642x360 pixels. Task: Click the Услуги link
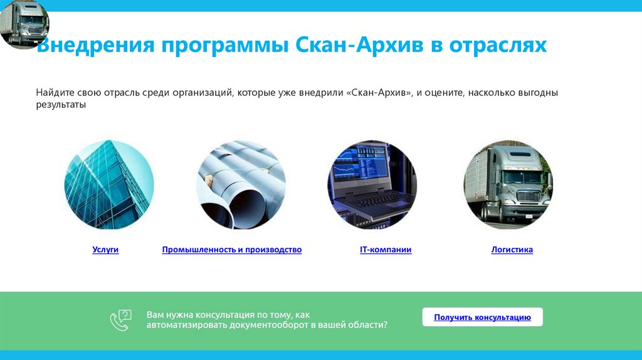105,250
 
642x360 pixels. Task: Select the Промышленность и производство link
231,250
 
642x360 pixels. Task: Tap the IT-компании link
386,250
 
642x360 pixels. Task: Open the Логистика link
512,250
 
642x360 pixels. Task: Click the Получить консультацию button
482,317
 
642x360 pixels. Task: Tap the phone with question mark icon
120,320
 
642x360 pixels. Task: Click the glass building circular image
109,184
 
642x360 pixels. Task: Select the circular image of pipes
241,184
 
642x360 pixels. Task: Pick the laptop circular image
372,184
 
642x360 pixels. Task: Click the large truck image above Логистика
508,184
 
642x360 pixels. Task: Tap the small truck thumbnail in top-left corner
24,24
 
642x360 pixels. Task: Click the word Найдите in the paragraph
55,93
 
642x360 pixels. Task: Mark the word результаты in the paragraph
60,105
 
